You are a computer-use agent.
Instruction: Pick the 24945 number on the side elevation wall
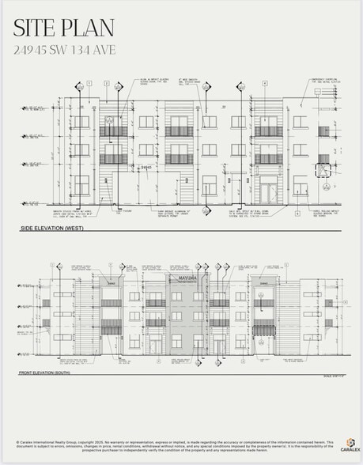click(146, 168)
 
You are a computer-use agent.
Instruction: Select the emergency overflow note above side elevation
click(323, 81)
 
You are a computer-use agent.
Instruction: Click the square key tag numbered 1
click(89, 83)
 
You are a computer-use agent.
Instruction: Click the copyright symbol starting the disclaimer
click(17, 443)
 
